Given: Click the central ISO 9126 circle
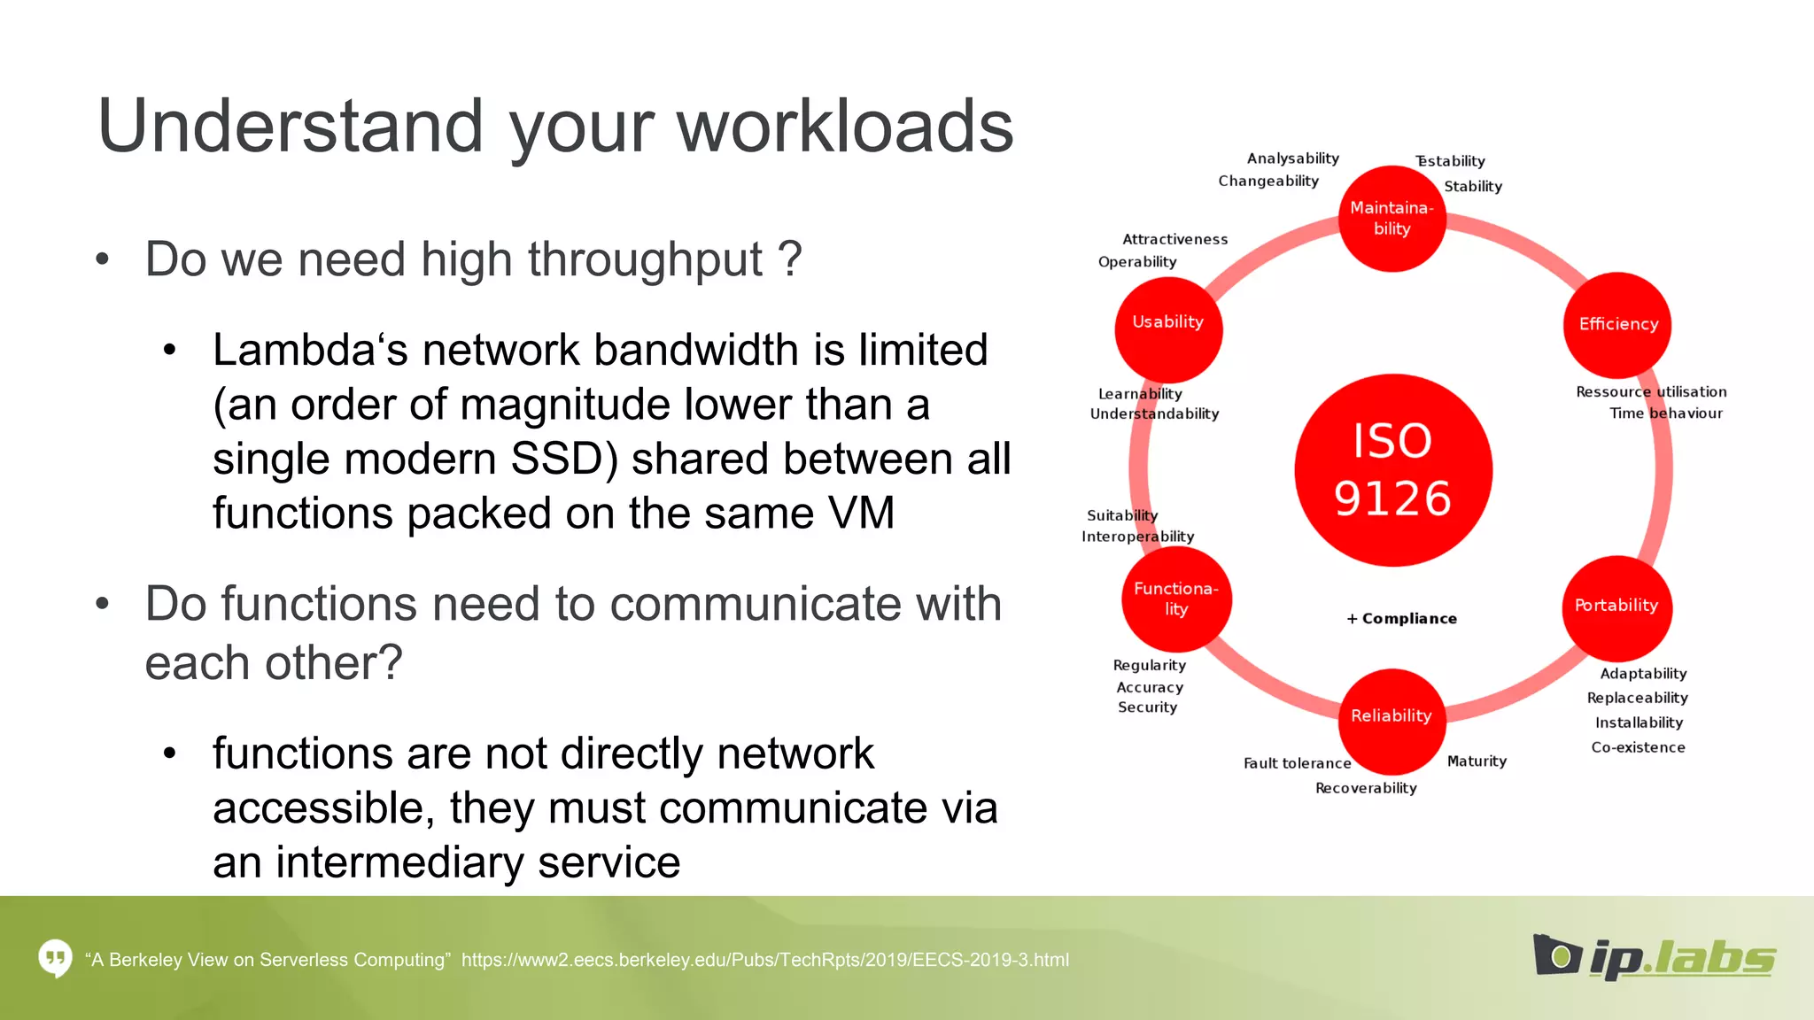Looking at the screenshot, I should coord(1392,470).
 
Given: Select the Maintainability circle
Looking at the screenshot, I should coord(1392,218).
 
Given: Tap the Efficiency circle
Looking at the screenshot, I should coord(1617,324).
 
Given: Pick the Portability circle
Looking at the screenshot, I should coord(1616,606).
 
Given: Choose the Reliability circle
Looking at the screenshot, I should coord(1391,716).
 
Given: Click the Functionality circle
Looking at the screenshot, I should coord(1175,599).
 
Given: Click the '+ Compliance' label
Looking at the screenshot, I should coord(1401,619).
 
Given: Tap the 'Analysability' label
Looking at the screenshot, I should coord(1292,158).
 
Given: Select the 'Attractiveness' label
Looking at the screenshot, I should coord(1174,239).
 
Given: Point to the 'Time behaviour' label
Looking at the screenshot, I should coord(1665,413).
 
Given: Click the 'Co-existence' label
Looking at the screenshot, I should coord(1638,747).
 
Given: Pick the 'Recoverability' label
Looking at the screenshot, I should coord(1366,788).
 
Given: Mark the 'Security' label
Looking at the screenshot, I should coord(1147,707).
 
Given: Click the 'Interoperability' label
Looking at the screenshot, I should coord(1137,537).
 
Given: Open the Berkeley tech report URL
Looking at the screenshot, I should coord(764,960).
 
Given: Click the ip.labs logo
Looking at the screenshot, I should coord(1654,958).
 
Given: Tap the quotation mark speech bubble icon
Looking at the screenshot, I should coord(55,958).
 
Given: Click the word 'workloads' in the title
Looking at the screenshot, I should coord(845,127).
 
